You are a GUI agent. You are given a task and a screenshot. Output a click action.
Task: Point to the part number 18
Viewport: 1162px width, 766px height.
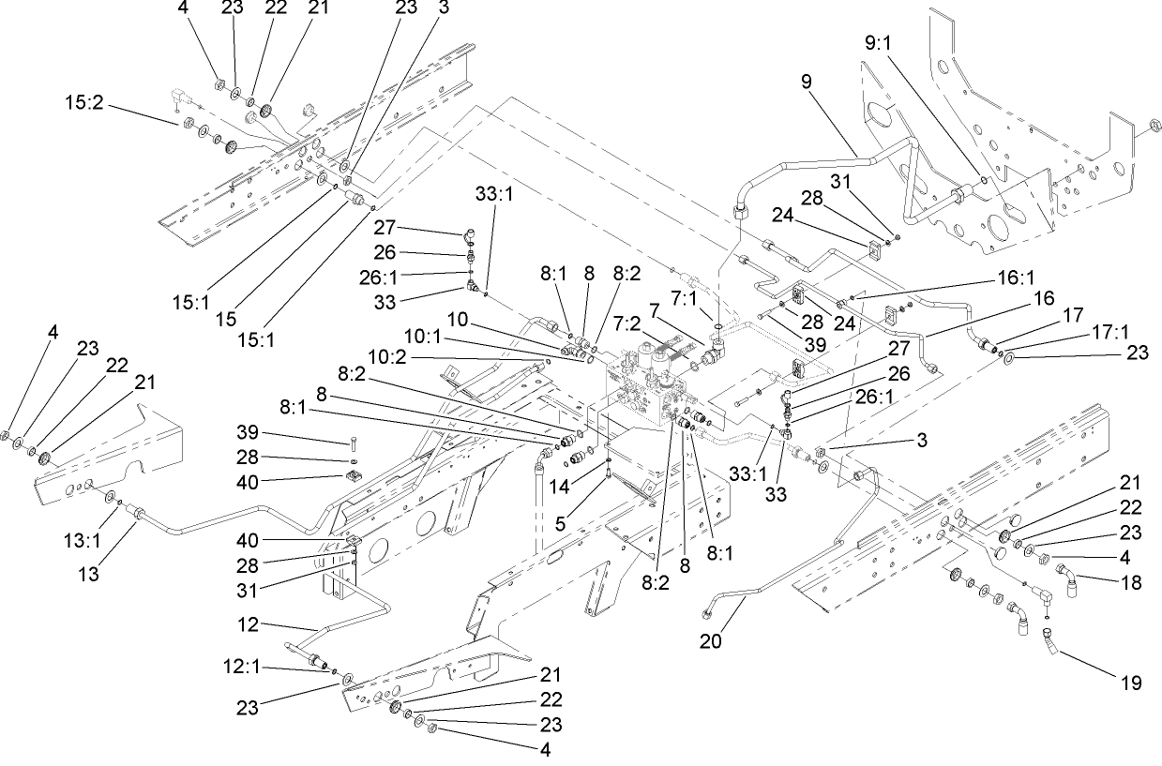(x=1131, y=581)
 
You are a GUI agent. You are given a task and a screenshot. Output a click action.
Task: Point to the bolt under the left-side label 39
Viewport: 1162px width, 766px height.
(x=353, y=443)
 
